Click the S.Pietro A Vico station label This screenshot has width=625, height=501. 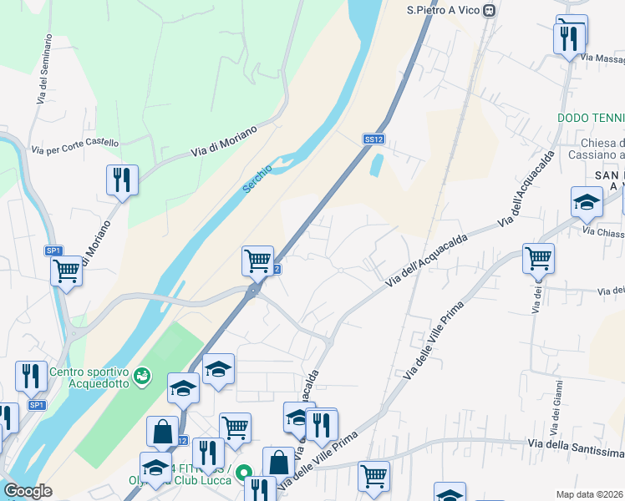point(444,11)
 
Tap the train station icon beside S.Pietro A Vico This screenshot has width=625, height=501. point(490,11)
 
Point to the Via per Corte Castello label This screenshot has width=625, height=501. point(75,147)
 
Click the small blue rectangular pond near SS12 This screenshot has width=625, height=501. point(376,164)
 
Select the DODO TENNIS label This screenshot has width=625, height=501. point(592,119)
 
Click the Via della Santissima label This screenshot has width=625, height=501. point(577,448)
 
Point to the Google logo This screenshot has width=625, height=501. point(27,491)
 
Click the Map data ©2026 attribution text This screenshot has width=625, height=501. point(590,494)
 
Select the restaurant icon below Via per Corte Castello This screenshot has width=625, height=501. point(122,180)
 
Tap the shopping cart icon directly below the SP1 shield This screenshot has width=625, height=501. point(65,271)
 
